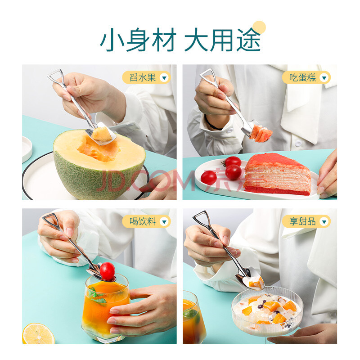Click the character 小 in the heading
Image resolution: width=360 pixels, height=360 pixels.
112,40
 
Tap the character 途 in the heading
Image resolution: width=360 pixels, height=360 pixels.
249,40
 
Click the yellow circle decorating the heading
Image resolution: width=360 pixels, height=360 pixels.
259,27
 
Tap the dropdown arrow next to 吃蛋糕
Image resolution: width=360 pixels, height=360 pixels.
324,78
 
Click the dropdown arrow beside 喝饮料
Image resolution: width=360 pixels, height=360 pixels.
164,222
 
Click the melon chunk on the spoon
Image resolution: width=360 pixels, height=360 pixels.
102,134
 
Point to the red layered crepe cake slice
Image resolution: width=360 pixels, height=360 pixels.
278,174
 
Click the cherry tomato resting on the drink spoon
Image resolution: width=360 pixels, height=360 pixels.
107,271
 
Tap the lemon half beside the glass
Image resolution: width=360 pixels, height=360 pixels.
38,333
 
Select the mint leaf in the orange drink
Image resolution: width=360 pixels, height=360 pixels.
98,296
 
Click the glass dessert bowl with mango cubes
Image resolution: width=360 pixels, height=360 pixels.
267,311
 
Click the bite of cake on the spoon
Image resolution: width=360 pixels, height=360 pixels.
261,133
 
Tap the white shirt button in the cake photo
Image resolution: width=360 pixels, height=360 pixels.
298,144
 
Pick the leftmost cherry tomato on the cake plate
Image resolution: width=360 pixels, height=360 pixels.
209,178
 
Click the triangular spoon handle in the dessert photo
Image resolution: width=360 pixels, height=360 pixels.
201,217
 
